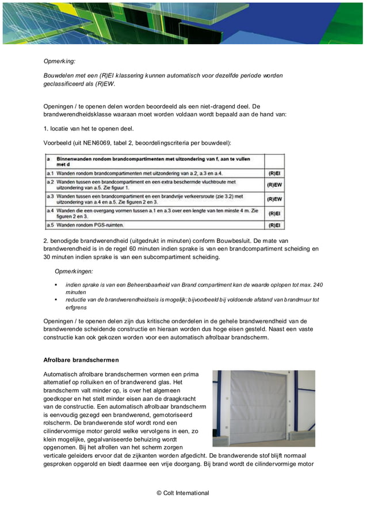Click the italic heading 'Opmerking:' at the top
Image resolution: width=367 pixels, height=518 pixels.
[x=60, y=60]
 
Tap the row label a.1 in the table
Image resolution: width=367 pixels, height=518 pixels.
[x=50, y=173]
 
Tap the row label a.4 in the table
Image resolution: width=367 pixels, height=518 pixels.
[x=50, y=210]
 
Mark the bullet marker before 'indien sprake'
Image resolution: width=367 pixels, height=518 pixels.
[x=56, y=285]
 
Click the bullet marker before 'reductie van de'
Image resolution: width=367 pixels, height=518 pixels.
[x=56, y=300]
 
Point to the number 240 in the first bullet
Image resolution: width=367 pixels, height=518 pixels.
[x=318, y=285]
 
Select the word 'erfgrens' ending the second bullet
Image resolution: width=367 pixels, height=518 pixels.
[x=77, y=307]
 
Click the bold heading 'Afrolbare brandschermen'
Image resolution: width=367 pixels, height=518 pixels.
[x=81, y=360]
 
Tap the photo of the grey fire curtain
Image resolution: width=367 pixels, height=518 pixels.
[x=263, y=408]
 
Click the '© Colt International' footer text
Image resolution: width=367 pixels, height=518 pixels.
[x=183, y=493]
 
